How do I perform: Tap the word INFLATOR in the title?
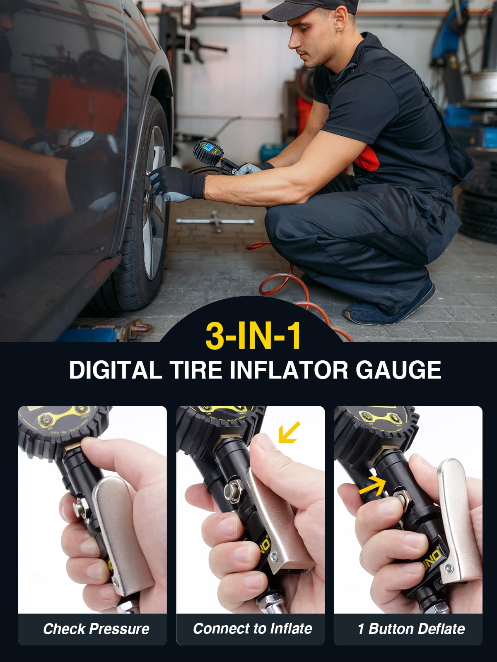[x=289, y=369]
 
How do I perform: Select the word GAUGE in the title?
[x=398, y=369]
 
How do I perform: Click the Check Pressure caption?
[x=96, y=629]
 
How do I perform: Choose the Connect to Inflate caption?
[x=252, y=628]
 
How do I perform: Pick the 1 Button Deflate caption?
[x=411, y=629]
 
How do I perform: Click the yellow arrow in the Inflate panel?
[x=289, y=432]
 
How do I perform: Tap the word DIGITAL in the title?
[x=115, y=369]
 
